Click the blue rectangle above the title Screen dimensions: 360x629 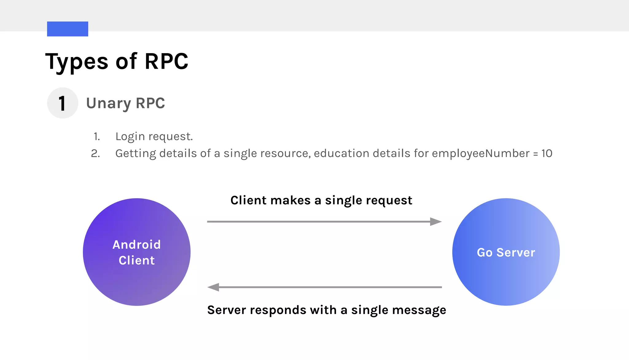[x=68, y=29]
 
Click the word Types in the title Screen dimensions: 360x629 [x=77, y=61]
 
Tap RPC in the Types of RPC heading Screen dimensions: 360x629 [x=166, y=61]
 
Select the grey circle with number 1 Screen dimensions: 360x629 [x=63, y=103]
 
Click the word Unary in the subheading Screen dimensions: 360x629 [x=108, y=103]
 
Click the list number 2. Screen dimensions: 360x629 [x=95, y=153]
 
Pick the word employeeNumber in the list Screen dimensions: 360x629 [x=481, y=153]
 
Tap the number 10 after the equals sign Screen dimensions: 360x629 [x=547, y=153]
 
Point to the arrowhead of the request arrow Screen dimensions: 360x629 [x=436, y=222]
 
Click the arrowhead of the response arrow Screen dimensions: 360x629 [x=213, y=287]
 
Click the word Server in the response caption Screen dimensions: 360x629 [x=227, y=310]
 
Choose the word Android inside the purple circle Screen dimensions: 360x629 [x=137, y=245]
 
